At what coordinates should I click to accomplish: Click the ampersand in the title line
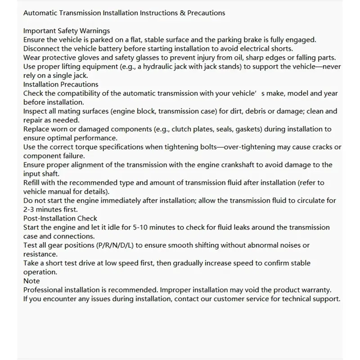(x=183, y=13)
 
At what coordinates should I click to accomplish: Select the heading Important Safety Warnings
(x=67, y=31)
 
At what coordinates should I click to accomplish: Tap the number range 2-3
(x=30, y=209)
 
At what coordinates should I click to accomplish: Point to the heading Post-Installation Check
(x=60, y=218)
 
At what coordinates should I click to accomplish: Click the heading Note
(x=31, y=281)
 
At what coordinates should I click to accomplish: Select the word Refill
(x=32, y=183)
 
